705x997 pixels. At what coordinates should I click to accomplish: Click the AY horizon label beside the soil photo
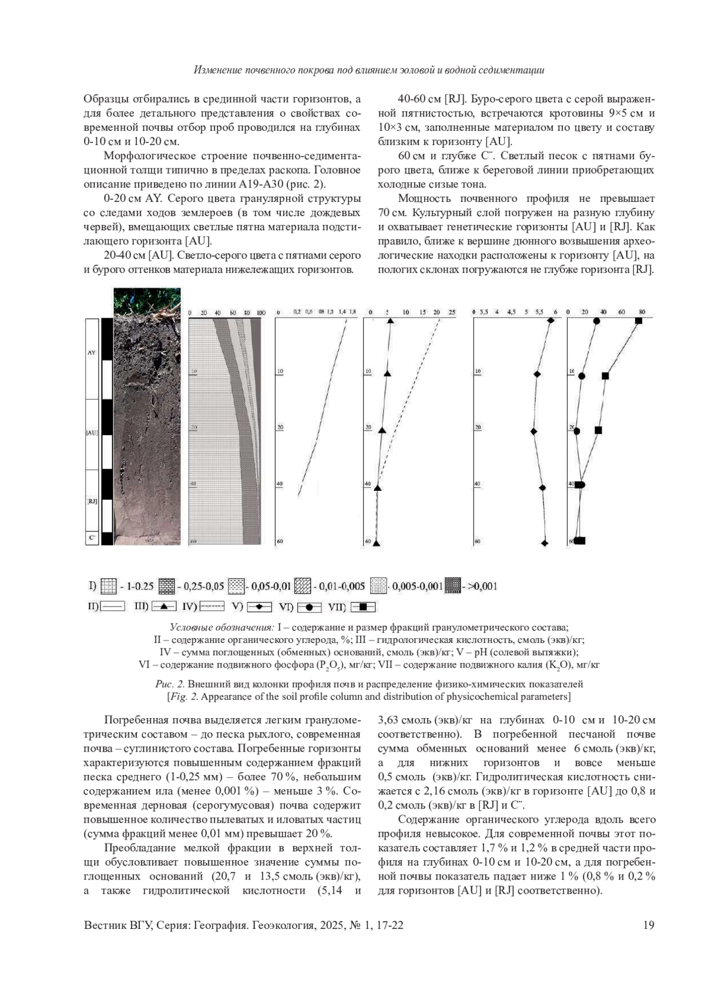(x=91, y=353)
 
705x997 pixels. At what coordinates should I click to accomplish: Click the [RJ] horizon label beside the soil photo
(x=91, y=501)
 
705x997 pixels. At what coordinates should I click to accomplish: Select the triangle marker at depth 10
(x=387, y=373)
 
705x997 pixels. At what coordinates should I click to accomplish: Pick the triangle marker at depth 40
(x=378, y=488)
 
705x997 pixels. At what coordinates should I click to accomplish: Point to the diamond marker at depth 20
(x=534, y=432)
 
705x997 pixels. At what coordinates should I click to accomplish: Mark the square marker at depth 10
(x=605, y=375)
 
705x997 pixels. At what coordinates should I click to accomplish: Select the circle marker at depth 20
(x=577, y=431)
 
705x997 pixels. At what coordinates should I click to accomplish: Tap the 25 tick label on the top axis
(x=451, y=312)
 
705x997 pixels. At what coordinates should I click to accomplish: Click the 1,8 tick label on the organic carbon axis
(x=352, y=312)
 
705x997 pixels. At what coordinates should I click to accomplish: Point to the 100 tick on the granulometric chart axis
(x=261, y=312)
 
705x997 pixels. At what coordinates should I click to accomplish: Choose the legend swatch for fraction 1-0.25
(x=109, y=585)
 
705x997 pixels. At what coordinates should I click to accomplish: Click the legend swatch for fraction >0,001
(x=453, y=585)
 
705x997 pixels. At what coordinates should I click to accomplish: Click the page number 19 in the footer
(x=649, y=926)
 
